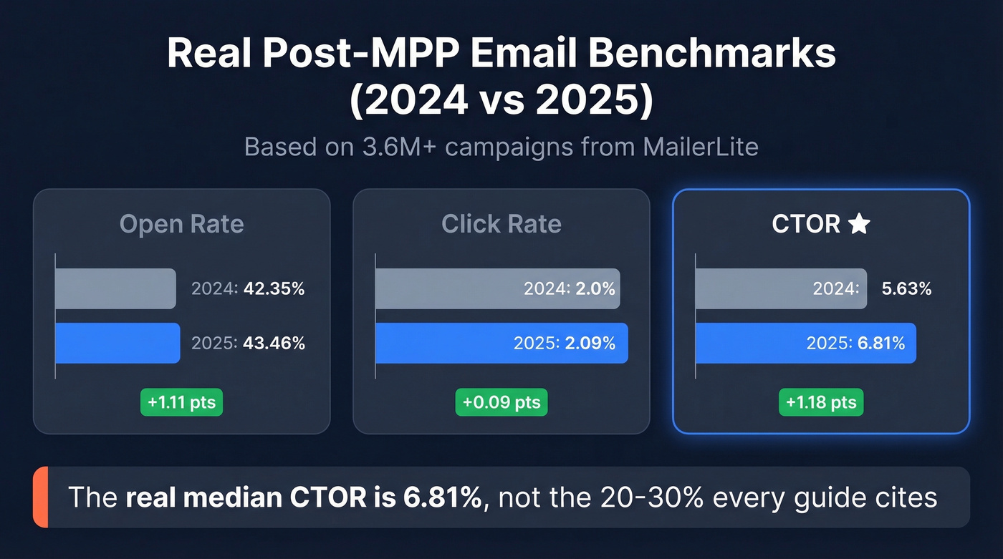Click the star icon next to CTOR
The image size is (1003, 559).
point(859,225)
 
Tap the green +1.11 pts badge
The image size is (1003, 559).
point(183,402)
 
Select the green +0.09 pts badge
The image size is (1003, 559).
point(501,402)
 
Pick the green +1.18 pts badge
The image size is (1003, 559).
point(821,402)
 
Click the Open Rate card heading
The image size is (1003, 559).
point(182,224)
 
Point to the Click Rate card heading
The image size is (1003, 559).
point(501,224)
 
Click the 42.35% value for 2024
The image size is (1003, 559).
point(274,289)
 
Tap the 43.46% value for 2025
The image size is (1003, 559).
point(274,344)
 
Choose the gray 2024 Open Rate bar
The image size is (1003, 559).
point(115,288)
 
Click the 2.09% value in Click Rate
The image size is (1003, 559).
point(590,344)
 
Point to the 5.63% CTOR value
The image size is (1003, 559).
point(906,289)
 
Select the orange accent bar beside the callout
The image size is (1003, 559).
point(40,497)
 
